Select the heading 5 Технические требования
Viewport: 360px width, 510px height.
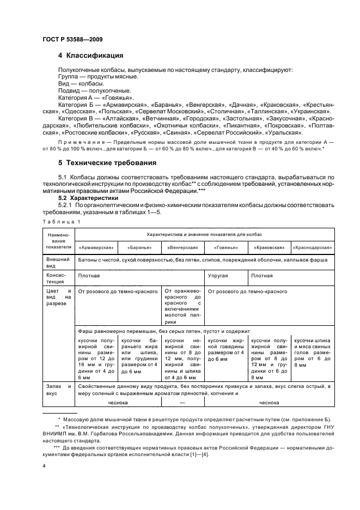[x=106, y=162]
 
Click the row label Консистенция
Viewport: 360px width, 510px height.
[x=59, y=279]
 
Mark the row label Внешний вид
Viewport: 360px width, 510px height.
[x=59, y=264]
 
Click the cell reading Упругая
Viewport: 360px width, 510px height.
[x=218, y=276]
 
